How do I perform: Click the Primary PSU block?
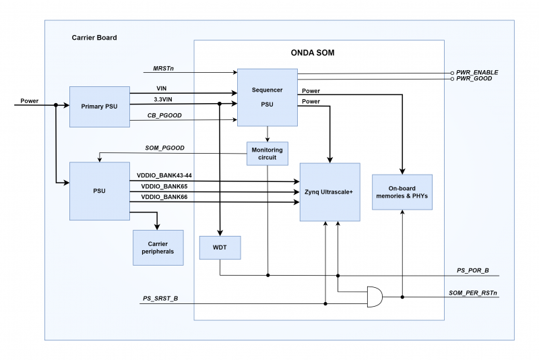click(x=100, y=106)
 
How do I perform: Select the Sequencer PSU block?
click(x=267, y=97)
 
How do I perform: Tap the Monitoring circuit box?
click(x=267, y=153)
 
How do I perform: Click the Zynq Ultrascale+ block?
click(x=329, y=191)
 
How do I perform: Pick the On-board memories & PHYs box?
click(x=402, y=191)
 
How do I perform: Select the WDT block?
click(x=220, y=247)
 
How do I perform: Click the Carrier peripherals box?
click(x=158, y=247)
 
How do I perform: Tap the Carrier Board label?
click(x=94, y=38)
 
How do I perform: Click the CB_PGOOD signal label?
click(x=164, y=116)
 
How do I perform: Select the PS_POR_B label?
click(x=472, y=270)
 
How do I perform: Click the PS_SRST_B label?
click(x=160, y=298)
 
